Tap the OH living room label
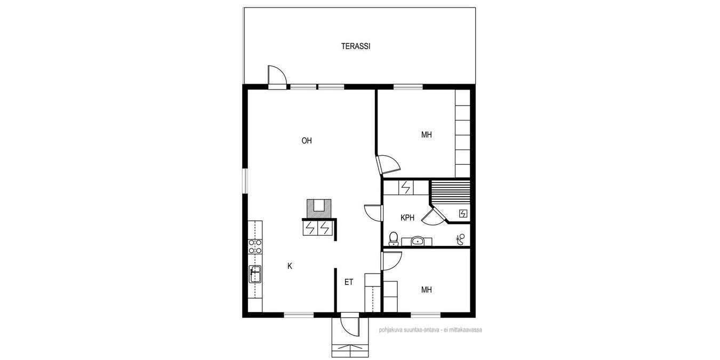pos(307,141)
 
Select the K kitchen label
pos(290,266)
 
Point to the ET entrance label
pos(349,282)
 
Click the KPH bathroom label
pos(407,218)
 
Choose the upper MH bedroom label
pos(427,135)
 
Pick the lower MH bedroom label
pos(427,290)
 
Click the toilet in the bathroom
pos(393,239)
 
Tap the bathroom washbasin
pos(417,241)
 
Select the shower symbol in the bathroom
pos(461,239)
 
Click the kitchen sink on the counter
pos(255,274)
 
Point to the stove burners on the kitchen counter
pos(255,246)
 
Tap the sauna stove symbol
pos(463,214)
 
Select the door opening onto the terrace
pos(277,77)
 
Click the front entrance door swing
pos(349,326)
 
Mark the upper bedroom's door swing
pos(388,165)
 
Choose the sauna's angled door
pos(433,217)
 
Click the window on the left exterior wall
pos(245,181)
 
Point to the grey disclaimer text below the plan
pos(430,330)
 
